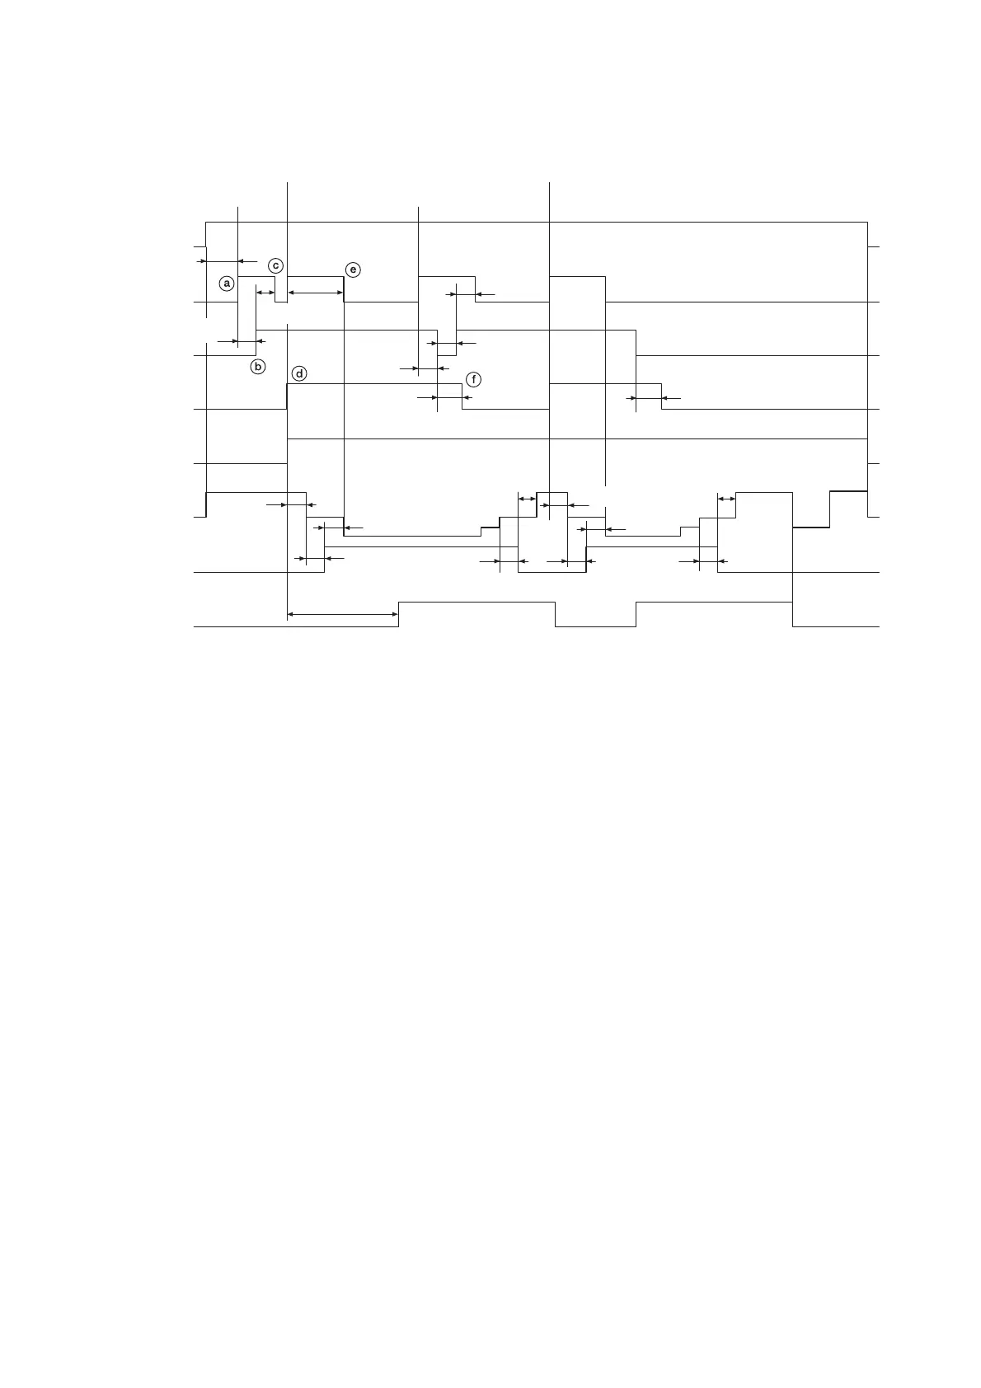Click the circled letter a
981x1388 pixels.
228,283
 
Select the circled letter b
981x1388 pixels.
258,367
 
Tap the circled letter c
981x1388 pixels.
276,265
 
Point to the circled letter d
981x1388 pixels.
299,373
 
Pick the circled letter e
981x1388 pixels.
353,270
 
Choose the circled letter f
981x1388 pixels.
473,380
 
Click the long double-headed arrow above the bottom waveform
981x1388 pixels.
343,614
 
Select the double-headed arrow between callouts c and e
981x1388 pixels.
315,293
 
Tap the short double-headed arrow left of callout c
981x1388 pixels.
265,293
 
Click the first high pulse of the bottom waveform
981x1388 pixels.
476,603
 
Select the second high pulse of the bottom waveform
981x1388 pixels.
714,603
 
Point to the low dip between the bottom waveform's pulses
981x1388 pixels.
595,626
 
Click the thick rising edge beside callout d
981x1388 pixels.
287,396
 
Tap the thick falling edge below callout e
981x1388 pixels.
344,289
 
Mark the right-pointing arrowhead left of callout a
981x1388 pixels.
202,261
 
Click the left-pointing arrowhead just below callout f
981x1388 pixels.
467,398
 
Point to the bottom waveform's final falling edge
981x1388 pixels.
792,615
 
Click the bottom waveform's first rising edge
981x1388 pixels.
399,615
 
